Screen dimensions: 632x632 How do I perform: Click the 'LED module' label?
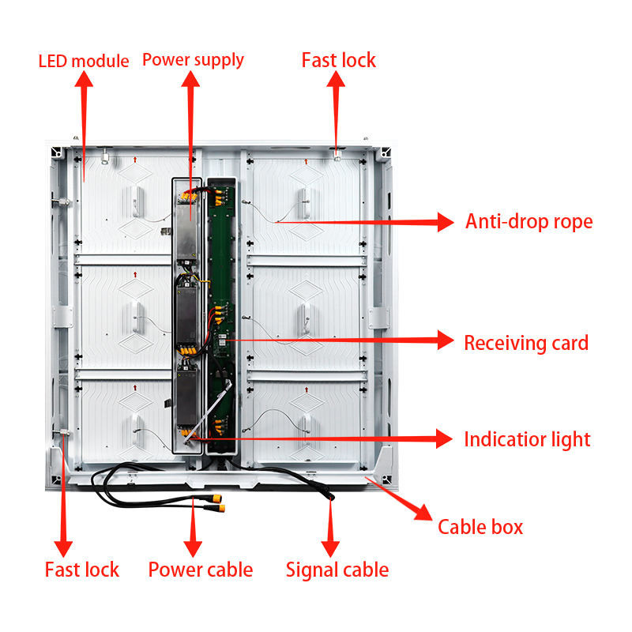tap(84, 61)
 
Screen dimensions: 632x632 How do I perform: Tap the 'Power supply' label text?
tap(193, 59)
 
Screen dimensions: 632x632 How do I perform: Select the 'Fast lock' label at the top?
tap(338, 60)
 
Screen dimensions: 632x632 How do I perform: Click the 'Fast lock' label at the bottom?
tap(81, 570)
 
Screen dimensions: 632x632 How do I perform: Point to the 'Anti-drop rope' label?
tap(529, 221)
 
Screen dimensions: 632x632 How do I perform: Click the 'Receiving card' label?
tap(525, 343)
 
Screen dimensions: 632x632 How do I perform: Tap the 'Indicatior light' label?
tap(527, 439)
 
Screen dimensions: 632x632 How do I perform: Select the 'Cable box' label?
tap(480, 527)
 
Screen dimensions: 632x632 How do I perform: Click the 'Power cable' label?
tap(200, 570)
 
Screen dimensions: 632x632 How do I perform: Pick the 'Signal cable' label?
tap(337, 570)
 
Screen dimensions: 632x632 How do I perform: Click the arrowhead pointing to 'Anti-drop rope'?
tap(446, 222)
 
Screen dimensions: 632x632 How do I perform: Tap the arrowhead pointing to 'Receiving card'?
tap(445, 341)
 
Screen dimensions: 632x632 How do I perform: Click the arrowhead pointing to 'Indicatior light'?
tap(444, 438)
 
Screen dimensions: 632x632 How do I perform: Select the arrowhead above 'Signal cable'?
tap(331, 546)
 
